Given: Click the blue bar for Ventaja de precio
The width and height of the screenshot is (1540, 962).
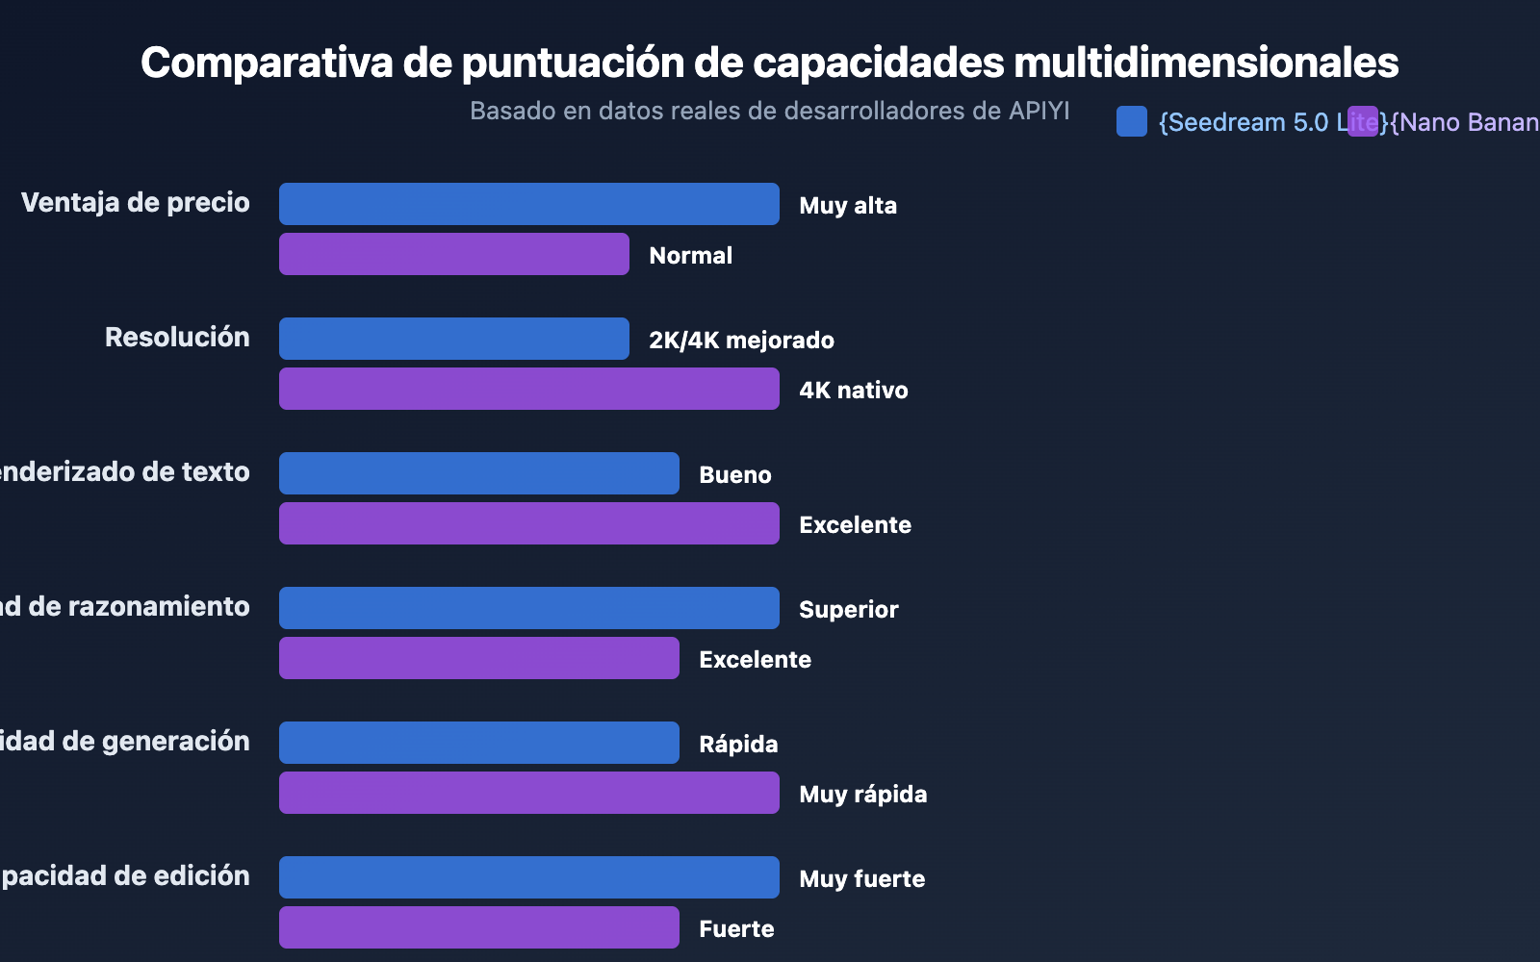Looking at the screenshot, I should point(528,204).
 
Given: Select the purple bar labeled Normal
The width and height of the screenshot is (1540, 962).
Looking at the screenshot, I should point(453,254).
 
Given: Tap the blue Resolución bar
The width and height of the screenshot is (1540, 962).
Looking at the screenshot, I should point(453,339).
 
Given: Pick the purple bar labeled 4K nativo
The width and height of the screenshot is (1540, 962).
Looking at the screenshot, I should point(528,389).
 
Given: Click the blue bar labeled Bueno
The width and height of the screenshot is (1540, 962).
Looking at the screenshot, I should point(478,473).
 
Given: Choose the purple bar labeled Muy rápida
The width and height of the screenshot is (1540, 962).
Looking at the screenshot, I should point(528,793).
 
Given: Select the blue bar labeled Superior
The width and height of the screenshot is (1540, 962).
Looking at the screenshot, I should point(528,608).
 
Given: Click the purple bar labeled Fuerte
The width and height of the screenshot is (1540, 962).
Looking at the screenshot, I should point(478,927).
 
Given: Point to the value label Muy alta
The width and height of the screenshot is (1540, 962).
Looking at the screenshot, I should point(848,205).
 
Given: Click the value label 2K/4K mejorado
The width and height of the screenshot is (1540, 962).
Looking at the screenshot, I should point(741,340).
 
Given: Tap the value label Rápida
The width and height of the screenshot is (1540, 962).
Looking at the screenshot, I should point(738,744).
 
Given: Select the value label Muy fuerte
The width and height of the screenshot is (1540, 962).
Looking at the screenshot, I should point(861,878).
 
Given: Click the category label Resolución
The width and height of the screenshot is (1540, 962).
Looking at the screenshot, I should point(177,337).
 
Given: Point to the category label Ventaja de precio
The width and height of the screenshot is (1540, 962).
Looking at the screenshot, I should point(136,202).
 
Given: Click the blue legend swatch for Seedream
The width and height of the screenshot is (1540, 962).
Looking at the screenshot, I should point(1132,121).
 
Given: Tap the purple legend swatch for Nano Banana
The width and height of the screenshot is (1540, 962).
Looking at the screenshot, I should point(1363,121).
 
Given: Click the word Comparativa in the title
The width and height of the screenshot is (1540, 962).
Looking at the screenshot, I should point(267,63).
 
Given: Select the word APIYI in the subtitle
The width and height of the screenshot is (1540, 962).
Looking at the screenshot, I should point(1039,111).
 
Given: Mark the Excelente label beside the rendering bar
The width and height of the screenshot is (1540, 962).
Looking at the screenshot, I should point(855,524).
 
